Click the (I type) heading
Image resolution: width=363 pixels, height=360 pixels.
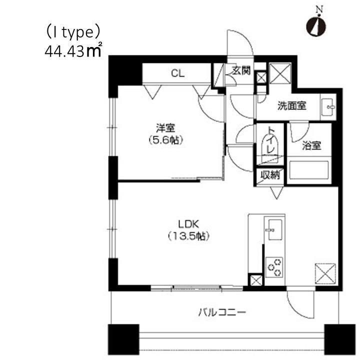(x=73, y=33)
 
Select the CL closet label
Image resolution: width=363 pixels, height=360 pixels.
(x=177, y=73)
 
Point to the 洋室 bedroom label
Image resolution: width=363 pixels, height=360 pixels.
(x=164, y=128)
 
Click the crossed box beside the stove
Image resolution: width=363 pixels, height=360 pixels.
(x=255, y=281)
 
